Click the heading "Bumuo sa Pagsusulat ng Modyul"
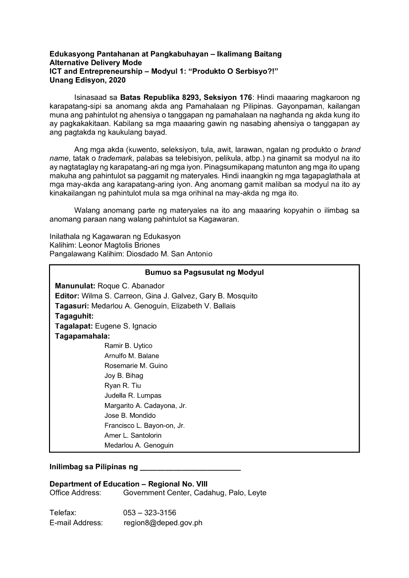(204, 272)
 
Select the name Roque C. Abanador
(131, 286)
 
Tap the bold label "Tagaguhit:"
(74, 316)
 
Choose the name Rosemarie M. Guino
(136, 365)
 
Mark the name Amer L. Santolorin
(133, 435)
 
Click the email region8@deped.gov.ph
(163, 523)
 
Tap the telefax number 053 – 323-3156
(150, 513)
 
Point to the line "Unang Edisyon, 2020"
(88, 80)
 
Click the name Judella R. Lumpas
(133, 396)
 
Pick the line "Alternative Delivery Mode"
(96, 63)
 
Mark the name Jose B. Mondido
(130, 415)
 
